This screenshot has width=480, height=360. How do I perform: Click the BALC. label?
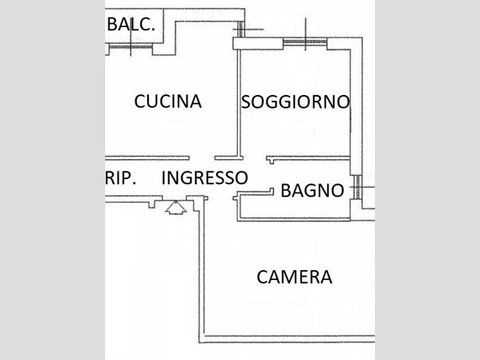click(130, 24)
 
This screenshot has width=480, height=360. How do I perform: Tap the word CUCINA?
click(168, 102)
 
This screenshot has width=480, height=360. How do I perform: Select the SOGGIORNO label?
click(295, 102)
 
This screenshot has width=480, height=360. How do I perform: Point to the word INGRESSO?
click(204, 177)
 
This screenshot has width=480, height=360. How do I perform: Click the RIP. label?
click(120, 178)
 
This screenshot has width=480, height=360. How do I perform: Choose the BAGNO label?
click(312, 191)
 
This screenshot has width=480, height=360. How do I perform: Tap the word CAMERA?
click(294, 277)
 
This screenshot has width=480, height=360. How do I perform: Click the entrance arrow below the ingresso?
click(176, 208)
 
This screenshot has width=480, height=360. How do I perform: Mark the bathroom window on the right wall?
click(357, 188)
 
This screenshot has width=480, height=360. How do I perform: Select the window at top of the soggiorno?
click(305, 42)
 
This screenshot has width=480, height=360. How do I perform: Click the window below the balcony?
click(130, 47)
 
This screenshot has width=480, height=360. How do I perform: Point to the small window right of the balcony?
click(241, 29)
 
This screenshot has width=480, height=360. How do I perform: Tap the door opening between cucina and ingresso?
click(202, 158)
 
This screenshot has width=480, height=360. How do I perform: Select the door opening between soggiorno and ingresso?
click(255, 158)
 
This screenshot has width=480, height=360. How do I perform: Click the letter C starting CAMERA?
click(262, 277)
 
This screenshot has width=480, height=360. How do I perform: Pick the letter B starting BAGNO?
click(286, 191)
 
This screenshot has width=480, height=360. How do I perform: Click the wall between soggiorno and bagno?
click(309, 158)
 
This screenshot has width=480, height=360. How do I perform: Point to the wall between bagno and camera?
click(294, 220)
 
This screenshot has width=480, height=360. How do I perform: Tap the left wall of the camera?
click(201, 270)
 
